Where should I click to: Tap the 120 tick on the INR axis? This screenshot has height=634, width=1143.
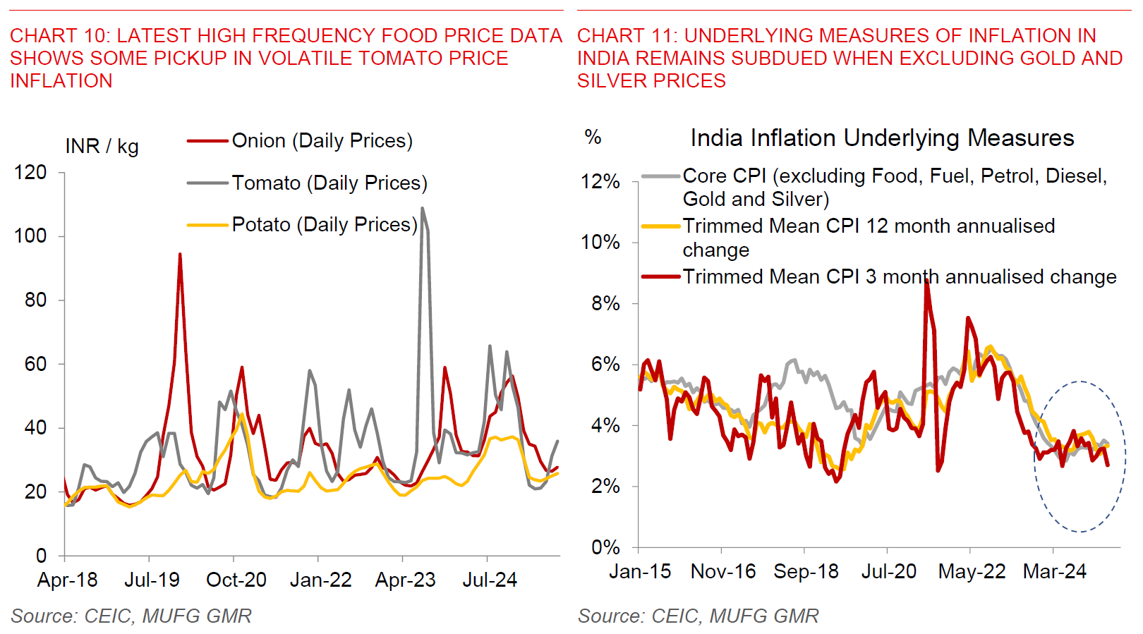30,173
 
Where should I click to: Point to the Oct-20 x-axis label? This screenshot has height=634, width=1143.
236,580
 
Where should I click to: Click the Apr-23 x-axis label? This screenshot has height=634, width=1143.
405,580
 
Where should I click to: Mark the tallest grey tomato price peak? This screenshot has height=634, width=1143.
423,209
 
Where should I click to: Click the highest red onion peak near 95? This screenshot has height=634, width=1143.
180,255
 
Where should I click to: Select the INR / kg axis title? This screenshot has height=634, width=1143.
102,147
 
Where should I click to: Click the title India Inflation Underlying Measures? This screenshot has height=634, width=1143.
882,138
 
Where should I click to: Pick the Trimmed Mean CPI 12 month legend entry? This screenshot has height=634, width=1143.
868,238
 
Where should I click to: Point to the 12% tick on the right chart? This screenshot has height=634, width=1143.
600,182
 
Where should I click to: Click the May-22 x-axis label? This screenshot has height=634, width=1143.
972,571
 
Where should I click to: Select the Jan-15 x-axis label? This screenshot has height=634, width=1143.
640,571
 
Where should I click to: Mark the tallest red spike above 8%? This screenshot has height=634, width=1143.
926,281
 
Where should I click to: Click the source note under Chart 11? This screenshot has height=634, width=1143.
698,616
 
